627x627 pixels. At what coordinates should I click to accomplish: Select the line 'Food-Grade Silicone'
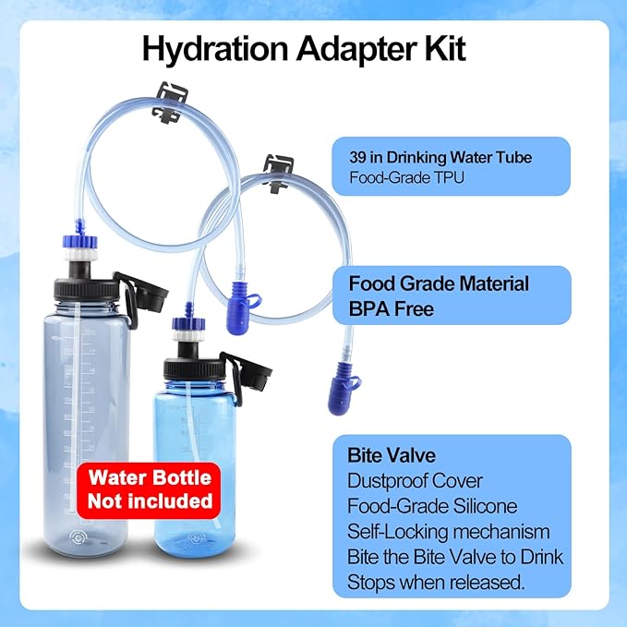pos(432,507)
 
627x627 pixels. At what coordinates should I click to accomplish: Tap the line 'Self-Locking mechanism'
pos(448,532)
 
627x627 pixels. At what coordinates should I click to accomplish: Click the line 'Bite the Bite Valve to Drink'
pos(454,557)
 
